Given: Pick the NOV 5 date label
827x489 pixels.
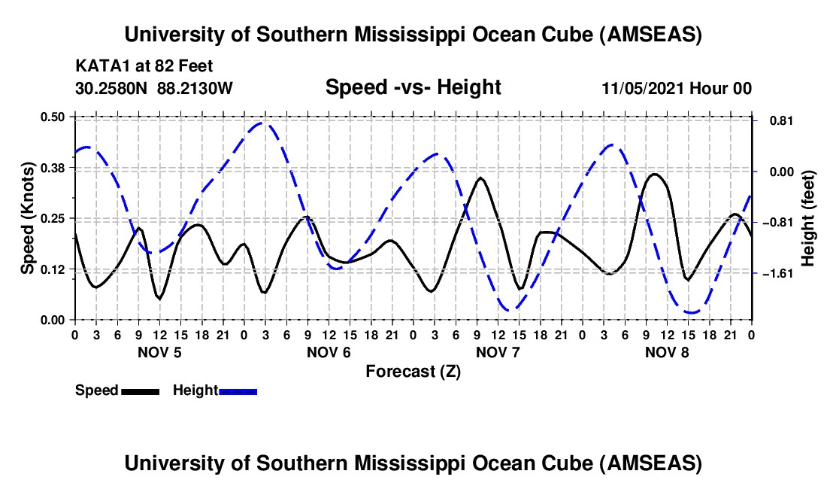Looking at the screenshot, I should click(159, 352).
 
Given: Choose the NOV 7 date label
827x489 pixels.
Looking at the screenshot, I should click(497, 352).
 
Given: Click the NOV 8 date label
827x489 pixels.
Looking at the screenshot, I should click(667, 352).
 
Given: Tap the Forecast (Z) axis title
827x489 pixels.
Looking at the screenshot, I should click(413, 372).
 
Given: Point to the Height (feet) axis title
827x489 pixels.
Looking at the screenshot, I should click(808, 218).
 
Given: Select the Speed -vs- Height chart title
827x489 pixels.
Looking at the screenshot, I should click(413, 88).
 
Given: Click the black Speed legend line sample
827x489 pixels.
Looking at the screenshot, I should click(140, 391).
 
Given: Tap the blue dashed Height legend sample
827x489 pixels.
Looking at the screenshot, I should click(238, 391).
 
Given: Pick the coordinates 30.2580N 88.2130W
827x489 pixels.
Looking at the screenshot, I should click(154, 88).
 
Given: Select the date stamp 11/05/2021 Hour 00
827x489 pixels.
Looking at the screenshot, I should click(677, 89).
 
